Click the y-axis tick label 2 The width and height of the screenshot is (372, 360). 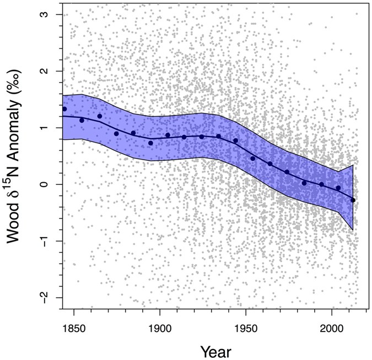(48, 71)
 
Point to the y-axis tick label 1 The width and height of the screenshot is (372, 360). (48, 128)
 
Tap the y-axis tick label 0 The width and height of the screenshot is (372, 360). (48, 184)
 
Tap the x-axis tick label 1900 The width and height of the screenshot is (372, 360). (160, 326)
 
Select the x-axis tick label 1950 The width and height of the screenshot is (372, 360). (246, 326)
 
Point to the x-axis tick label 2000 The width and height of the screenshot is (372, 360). (332, 326)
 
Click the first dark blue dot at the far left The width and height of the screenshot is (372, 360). (64, 109)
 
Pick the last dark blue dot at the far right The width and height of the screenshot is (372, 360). (353, 200)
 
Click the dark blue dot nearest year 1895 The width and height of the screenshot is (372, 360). (150, 143)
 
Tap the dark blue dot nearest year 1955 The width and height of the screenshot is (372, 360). (253, 159)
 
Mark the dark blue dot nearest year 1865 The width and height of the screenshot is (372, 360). (100, 116)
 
